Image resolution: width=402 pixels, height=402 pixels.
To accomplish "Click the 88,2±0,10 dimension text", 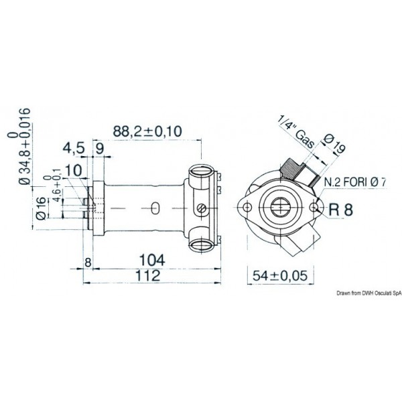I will (148, 132).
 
